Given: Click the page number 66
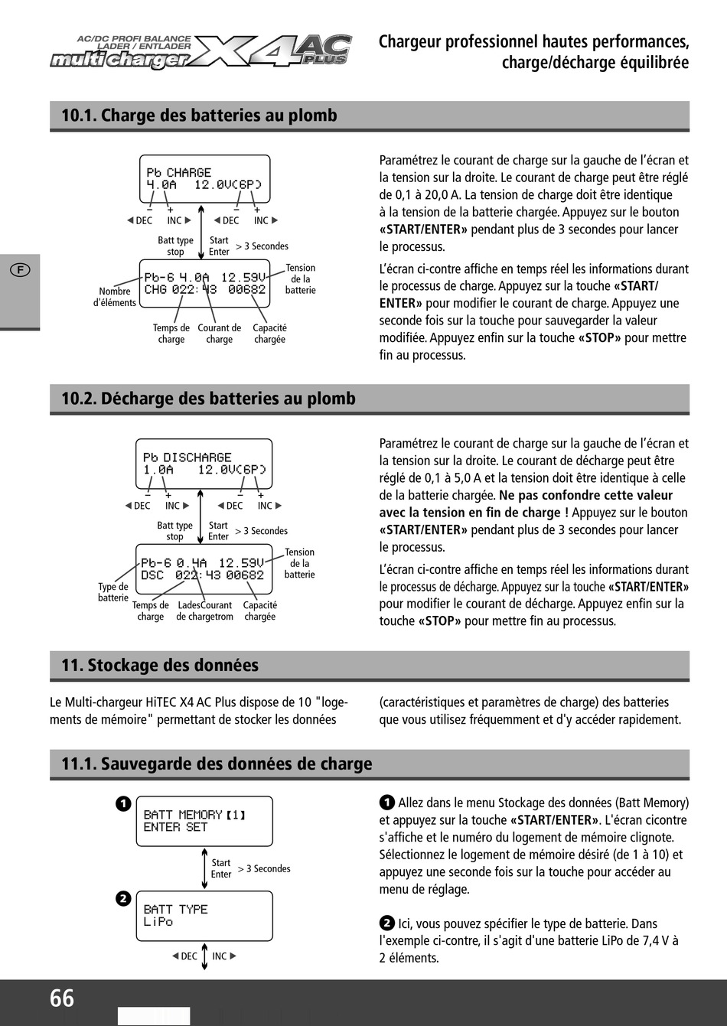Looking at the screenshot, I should pyautogui.click(x=62, y=998).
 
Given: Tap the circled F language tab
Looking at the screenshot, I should pyautogui.click(x=20, y=269).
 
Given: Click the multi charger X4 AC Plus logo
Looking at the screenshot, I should pyautogui.click(x=201, y=52).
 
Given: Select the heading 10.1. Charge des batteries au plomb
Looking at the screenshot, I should pyautogui.click(x=199, y=116).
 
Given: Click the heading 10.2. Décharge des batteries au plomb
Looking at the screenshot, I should pyautogui.click(x=208, y=399).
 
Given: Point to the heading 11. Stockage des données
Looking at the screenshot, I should pyautogui.click(x=160, y=665).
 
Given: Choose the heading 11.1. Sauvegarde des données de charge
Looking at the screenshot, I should pyautogui.click(x=217, y=764).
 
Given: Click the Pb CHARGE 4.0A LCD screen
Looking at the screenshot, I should pyautogui.click(x=204, y=179).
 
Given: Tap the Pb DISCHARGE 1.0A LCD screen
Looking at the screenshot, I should pyautogui.click(x=204, y=464).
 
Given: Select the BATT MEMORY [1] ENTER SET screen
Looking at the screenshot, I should pyautogui.click(x=204, y=821).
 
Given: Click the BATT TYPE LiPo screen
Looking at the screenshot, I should pyautogui.click(x=204, y=916).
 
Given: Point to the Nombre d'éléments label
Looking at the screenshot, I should pyautogui.click(x=115, y=297).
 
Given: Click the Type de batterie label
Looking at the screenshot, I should pyautogui.click(x=113, y=592).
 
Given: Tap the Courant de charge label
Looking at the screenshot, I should pyautogui.click(x=219, y=334).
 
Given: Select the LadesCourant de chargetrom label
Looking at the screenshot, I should pyautogui.click(x=204, y=611).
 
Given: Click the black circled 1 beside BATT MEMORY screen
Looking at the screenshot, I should pyautogui.click(x=123, y=804).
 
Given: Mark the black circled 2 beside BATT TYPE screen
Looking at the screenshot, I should pyautogui.click(x=123, y=899).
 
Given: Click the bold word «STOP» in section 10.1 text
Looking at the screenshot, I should pyautogui.click(x=599, y=338).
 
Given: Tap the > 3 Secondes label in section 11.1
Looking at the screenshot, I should pyautogui.click(x=264, y=869).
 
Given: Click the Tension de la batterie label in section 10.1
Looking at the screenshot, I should pyautogui.click(x=300, y=278).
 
